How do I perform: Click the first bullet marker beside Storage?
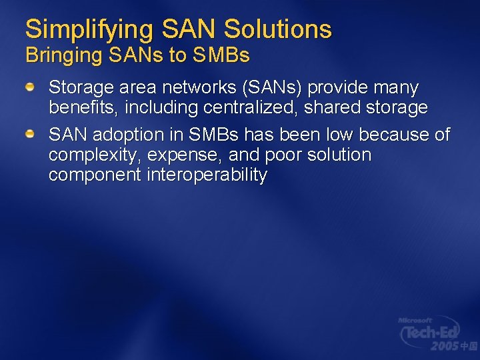[31, 87]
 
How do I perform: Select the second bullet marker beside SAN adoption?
[31, 135]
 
